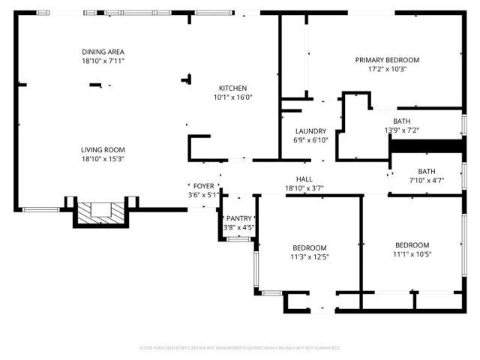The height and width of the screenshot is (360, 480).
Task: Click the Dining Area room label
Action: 103,52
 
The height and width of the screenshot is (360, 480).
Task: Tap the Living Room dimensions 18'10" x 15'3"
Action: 103,159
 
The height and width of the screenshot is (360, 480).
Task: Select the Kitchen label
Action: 232,88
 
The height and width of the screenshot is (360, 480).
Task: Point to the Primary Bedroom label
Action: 387,60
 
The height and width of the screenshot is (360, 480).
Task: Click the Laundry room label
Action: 309,131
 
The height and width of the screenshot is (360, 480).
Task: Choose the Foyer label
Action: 204,186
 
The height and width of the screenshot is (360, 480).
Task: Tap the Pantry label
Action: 239,218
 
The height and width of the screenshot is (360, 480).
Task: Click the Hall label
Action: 304,179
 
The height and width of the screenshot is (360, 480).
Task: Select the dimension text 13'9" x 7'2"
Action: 402,130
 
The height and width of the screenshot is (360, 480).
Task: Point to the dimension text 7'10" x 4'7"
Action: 426,180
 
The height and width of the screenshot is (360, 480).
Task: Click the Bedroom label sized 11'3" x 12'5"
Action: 309,247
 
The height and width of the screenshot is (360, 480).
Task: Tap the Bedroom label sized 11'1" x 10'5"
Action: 412,245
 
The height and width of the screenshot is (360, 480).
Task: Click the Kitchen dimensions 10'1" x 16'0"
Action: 232,97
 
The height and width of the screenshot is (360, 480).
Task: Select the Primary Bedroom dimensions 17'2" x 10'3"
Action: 387,69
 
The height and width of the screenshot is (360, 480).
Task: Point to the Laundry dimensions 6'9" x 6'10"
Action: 309,140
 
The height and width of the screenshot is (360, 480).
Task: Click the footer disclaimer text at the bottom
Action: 240,348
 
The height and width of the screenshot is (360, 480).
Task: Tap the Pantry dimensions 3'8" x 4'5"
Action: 239,227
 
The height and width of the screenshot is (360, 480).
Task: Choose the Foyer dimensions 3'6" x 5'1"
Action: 204,195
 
